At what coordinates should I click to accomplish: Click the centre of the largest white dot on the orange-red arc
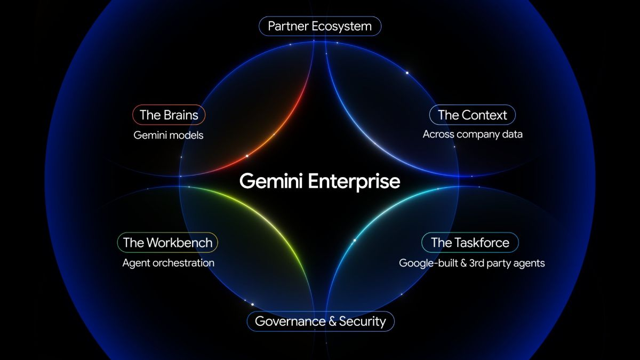click(247, 156)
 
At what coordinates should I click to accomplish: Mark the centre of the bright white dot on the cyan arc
click(355, 241)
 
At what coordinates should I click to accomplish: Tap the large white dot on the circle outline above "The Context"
click(407, 73)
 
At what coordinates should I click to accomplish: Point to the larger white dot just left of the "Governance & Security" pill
click(252, 305)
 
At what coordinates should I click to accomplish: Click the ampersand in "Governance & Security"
click(332, 322)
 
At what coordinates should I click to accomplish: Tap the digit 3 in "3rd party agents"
click(473, 263)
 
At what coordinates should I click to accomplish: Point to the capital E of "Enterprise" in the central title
click(313, 181)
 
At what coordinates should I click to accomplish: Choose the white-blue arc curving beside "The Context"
click(369, 134)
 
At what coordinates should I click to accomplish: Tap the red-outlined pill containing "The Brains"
click(169, 115)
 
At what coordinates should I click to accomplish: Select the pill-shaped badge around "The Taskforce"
click(470, 243)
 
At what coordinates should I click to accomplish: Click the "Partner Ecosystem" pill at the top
click(320, 26)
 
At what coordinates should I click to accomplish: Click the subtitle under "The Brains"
click(169, 135)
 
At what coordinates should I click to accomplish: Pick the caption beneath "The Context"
click(473, 134)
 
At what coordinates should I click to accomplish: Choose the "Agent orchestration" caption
click(169, 263)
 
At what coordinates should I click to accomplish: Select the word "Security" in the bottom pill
click(362, 322)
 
